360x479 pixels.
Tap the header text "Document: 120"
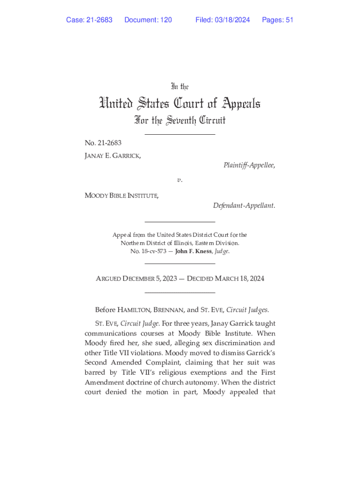coord(148,20)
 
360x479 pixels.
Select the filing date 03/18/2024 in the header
coord(232,20)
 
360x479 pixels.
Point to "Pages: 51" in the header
coord(278,20)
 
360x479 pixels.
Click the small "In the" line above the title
coord(180,87)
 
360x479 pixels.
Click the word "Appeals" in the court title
coord(235,103)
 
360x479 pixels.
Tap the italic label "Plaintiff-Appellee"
coord(248,165)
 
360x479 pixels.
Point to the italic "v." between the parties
coord(180,180)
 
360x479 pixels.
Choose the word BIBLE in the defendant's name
coord(119,196)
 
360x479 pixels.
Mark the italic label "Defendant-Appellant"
coord(244,205)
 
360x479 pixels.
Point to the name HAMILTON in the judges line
coord(134,310)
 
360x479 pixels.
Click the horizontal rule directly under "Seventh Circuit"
coord(180,135)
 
